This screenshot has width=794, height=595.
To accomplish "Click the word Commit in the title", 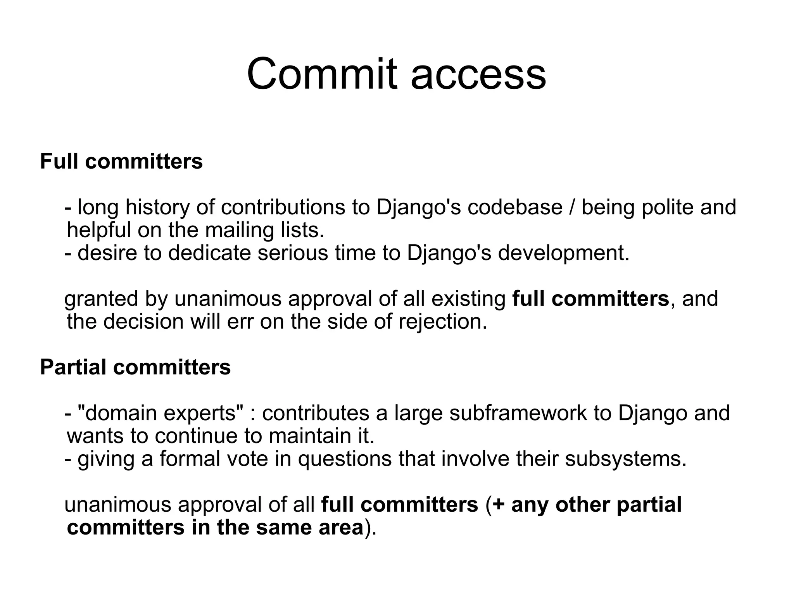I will (x=322, y=74).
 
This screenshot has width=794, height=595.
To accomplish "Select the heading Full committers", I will (x=121, y=161).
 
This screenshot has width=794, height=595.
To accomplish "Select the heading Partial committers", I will (x=135, y=367).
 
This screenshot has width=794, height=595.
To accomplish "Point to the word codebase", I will (x=515, y=207).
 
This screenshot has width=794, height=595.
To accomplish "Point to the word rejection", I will (x=442, y=322).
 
